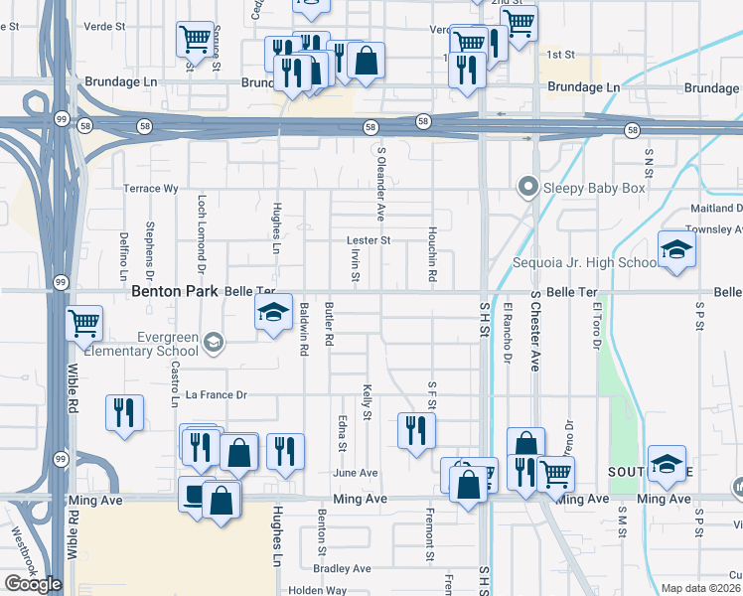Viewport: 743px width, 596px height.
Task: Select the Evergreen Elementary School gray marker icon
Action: click(x=212, y=344)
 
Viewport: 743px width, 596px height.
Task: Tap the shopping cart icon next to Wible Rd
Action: click(x=84, y=322)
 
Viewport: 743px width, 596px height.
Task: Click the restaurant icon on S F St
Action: click(x=415, y=428)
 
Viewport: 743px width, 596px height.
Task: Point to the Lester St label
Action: click(x=369, y=240)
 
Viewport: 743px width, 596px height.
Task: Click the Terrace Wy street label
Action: click(x=150, y=188)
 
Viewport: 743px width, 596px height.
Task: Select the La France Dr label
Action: click(x=216, y=395)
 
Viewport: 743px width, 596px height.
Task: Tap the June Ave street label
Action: click(x=356, y=473)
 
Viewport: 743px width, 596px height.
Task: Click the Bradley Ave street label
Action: click(x=341, y=569)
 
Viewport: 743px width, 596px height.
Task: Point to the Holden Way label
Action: click(x=318, y=590)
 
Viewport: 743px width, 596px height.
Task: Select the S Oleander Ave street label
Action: click(x=379, y=184)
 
